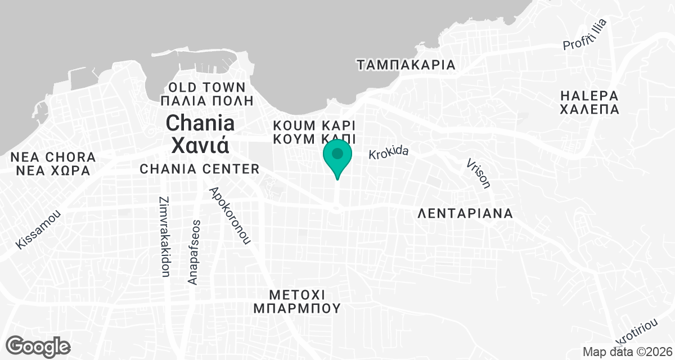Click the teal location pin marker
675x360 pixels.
coord(337,156)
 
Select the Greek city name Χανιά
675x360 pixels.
coord(200,145)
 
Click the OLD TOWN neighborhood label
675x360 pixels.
coord(207,88)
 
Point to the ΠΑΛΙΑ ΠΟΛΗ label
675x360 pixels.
coord(207,101)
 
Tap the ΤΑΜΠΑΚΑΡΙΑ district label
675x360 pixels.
coord(406,65)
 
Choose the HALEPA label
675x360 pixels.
coord(589,95)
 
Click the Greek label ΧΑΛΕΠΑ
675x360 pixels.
coord(589,109)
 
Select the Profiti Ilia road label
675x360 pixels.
coord(585,35)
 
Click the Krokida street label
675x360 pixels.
coord(388,153)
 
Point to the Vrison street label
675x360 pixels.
coord(478,173)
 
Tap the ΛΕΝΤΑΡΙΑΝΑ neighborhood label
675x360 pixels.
coord(466,214)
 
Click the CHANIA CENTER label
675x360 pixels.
coord(199,169)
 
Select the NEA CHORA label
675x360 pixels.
coord(49,156)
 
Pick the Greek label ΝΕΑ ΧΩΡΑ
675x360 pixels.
coord(49,170)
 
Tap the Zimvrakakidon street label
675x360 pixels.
coord(165,237)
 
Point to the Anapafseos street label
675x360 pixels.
coord(193,251)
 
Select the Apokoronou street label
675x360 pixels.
coord(229,215)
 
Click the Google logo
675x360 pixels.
coord(38,345)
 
